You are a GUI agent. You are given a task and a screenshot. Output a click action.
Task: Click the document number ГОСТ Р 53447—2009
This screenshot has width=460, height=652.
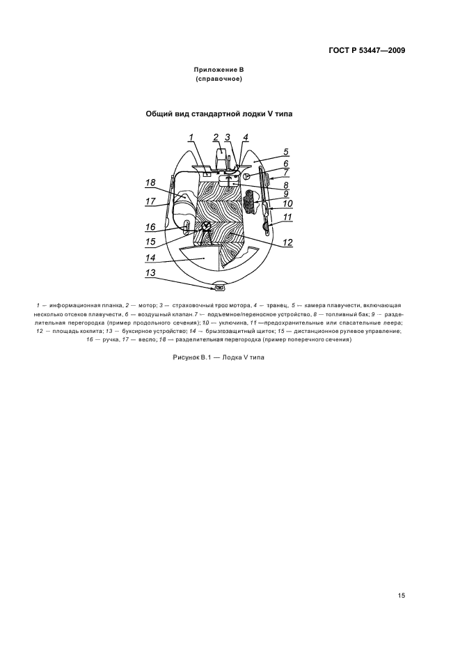366,50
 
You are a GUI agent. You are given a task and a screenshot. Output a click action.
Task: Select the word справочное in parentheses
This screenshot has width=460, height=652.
219,79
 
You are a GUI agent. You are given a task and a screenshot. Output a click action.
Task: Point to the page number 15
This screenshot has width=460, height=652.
402,595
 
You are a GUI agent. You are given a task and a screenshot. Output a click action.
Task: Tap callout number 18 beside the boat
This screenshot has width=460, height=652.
150,183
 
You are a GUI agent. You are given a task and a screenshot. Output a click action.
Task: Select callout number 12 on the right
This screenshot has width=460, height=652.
287,242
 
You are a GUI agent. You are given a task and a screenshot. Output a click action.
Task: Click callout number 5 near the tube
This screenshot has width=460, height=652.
285,151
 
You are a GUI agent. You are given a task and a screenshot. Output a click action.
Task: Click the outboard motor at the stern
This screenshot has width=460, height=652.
221,160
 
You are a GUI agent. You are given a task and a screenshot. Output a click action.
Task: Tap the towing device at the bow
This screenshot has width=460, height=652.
220,286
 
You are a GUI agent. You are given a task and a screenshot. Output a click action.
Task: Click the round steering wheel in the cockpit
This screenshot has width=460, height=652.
207,226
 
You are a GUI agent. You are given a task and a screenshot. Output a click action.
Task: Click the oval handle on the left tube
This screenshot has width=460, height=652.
187,225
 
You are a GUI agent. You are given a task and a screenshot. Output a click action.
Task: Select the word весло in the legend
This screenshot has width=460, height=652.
137,340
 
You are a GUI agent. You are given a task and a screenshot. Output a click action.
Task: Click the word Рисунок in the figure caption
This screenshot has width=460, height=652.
188,357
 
